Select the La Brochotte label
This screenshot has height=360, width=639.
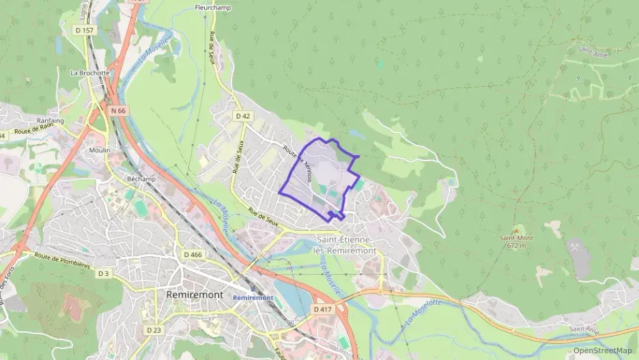[89, 72]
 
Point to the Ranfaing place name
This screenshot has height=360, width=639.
[50, 121]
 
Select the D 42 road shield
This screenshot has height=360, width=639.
[243, 116]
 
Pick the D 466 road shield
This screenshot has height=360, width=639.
[193, 254]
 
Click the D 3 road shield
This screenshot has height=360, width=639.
[103, 273]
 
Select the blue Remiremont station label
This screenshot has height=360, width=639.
[253, 298]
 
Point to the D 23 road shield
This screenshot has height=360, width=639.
[154, 330]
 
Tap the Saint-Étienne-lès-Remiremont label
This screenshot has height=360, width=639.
[345, 245]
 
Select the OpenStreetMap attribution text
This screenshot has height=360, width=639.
[602, 350]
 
